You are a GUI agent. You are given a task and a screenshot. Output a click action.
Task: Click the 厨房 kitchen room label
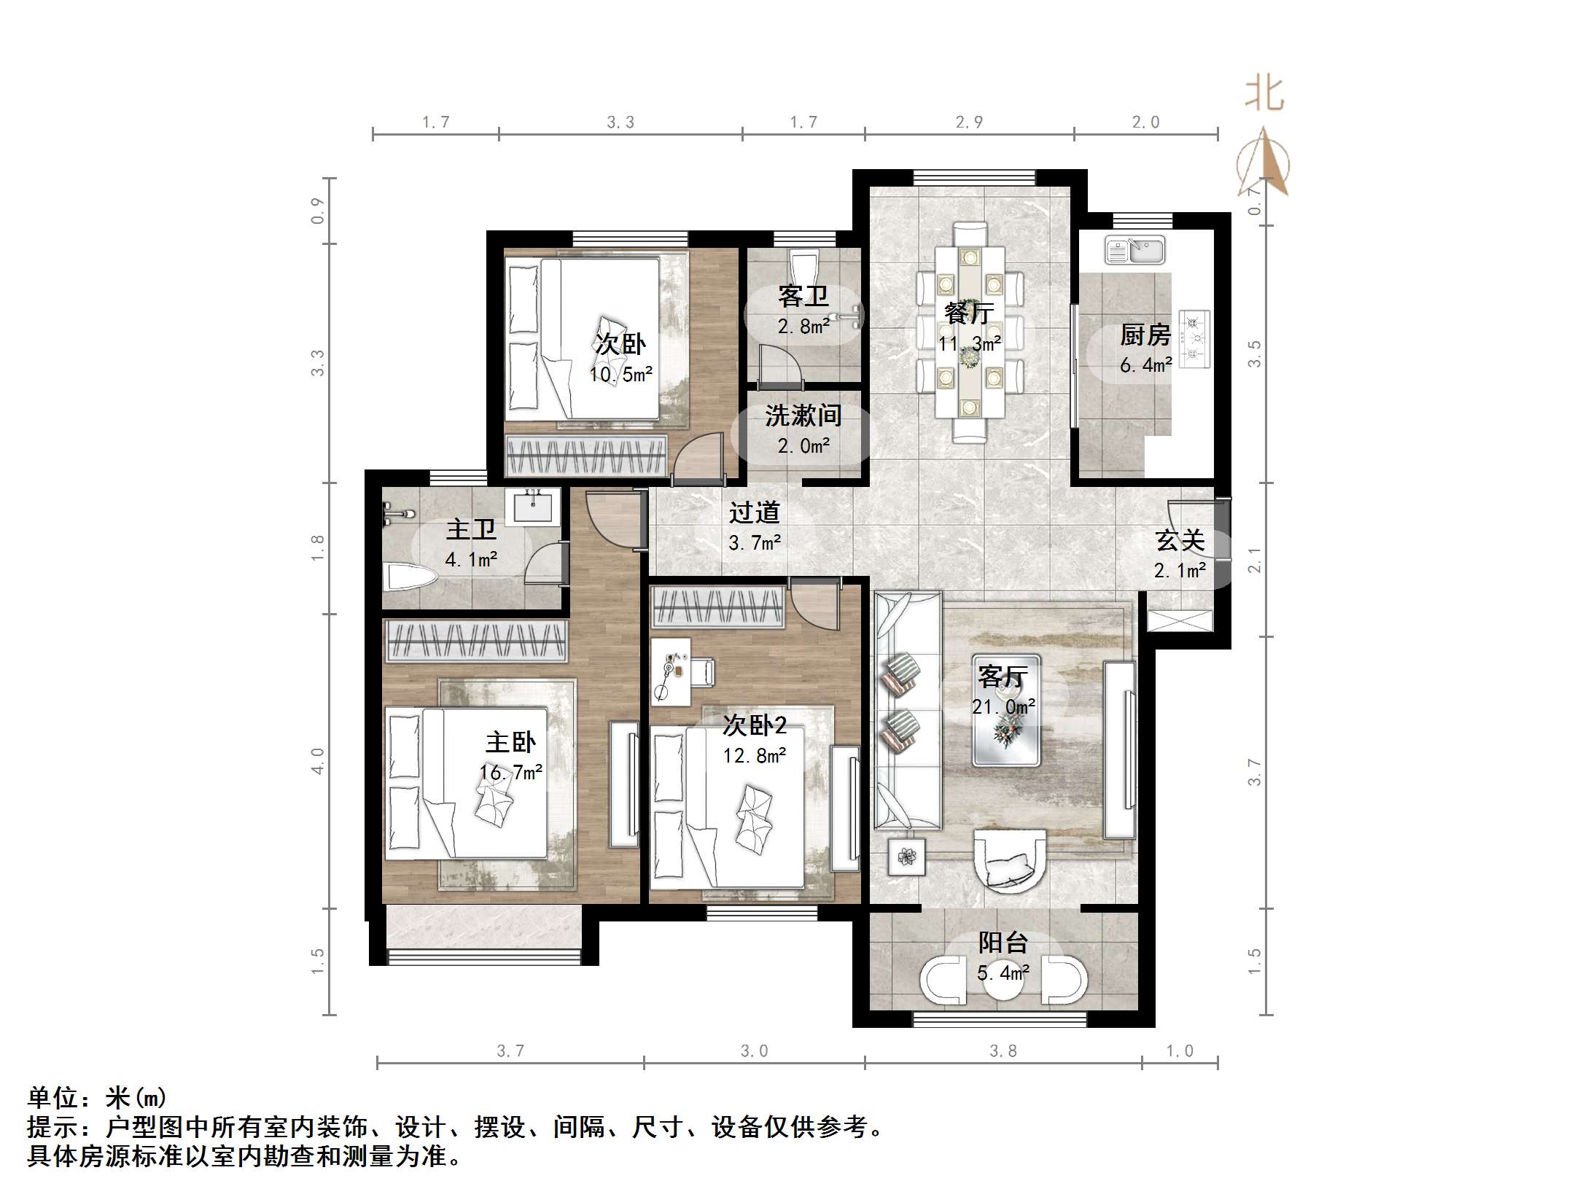pos(1145,335)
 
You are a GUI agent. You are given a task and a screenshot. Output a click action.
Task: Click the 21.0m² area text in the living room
pos(1003,706)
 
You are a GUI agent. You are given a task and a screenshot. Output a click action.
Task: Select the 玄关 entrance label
pos(1180,541)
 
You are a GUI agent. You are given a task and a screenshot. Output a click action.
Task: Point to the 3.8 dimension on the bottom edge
pos(1003,1050)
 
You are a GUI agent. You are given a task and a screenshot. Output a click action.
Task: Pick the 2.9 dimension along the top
pos(969,122)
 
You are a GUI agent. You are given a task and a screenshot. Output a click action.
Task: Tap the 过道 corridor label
pos(755,512)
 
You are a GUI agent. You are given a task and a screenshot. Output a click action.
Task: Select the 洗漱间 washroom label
pos(803,416)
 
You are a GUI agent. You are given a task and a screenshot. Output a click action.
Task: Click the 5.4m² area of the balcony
pos(1003,972)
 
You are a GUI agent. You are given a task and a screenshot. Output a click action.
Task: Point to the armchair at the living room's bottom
pos(1010,860)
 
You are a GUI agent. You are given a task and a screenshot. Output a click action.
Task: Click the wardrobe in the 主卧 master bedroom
pos(476,642)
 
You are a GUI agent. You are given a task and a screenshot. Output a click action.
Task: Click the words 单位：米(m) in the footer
pos(97,1098)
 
